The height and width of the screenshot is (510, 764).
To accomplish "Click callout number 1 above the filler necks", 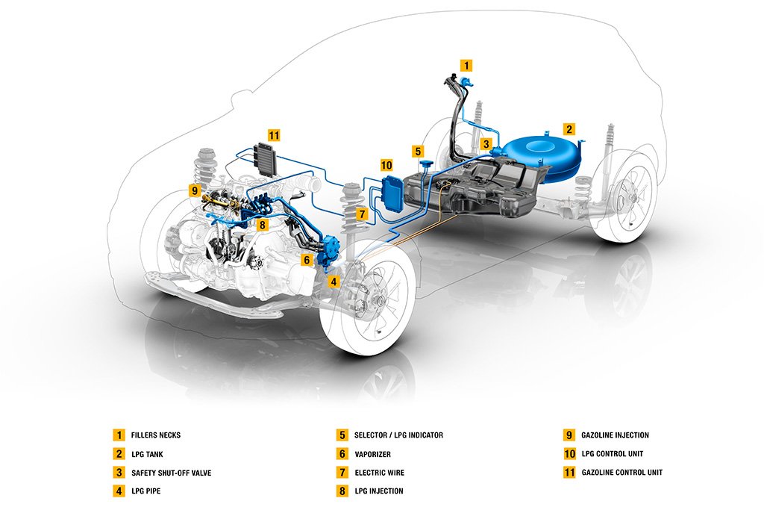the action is point(466,65).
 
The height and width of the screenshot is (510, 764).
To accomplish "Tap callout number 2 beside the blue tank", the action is point(569,129).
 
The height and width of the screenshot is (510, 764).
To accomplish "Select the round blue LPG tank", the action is point(542,155).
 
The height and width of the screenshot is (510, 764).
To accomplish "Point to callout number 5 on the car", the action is point(418,151).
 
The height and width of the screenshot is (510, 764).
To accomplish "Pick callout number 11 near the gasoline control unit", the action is point(274,135).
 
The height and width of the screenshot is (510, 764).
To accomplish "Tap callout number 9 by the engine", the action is point(195,190).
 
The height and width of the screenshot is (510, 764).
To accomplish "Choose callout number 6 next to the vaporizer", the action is point(307,260).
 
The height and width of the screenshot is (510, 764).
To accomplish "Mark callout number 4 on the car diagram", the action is point(334,282).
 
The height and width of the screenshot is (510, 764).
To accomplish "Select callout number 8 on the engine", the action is point(262,225).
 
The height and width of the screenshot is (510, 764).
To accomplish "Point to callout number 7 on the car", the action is point(361,214).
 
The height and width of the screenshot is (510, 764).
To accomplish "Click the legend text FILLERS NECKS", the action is point(156,435).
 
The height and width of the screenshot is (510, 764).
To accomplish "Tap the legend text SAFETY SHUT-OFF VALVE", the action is point(172,473).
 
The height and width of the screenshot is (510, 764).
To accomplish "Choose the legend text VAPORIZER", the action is point(373,454).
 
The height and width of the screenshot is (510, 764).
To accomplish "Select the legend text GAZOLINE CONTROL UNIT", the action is point(622,472).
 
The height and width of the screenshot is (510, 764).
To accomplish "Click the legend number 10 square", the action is point(569,453).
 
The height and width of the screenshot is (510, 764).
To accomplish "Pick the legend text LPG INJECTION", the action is point(379,491).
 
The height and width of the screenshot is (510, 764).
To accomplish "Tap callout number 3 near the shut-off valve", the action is point(486,144).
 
